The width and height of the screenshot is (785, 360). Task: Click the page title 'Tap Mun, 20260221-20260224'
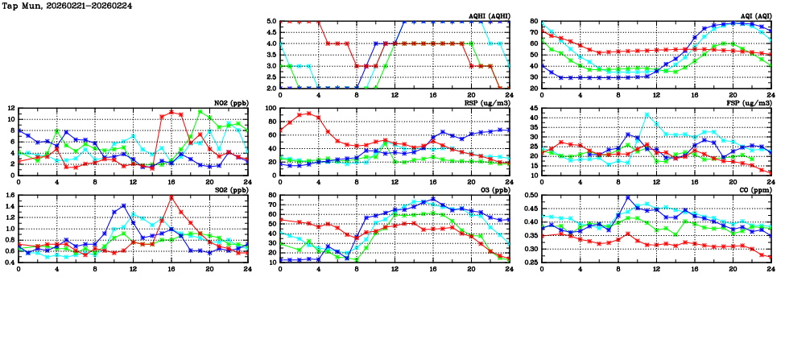pyautogui.click(x=68, y=6)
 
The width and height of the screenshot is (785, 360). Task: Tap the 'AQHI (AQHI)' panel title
pyautogui.click(x=487, y=16)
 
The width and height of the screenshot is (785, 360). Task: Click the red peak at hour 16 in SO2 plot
pyautogui.click(x=171, y=197)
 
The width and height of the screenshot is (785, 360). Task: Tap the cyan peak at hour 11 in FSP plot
pyautogui.click(x=647, y=114)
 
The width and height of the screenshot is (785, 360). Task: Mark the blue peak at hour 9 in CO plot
pyautogui.click(x=627, y=197)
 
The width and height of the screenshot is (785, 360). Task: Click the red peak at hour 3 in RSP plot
pyautogui.click(x=309, y=114)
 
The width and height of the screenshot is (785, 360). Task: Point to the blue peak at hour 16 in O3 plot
pyautogui.click(x=433, y=199)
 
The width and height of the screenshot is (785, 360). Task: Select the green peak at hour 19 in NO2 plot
pyautogui.click(x=200, y=111)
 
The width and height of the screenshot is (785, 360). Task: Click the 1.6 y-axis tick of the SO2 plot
pyautogui.click(x=9, y=195)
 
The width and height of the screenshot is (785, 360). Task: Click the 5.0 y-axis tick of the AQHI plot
pyautogui.click(x=271, y=22)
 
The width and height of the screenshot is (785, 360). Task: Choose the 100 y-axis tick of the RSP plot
pyautogui.click(x=269, y=108)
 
